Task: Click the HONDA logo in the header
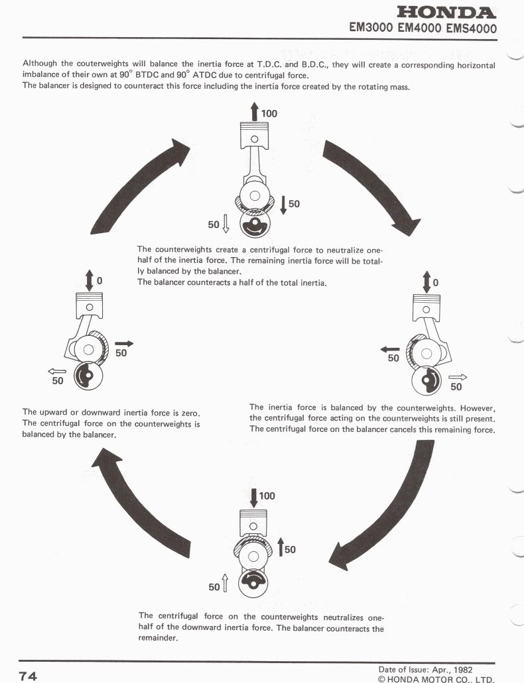pos(446,13)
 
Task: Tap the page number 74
pos(28,676)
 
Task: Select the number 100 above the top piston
pos(269,113)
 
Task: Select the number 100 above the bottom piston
pos(267,496)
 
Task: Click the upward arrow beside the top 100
pos(254,112)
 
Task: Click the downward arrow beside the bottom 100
pos(254,498)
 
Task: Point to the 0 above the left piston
pos(99,281)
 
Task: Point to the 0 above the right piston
pos(435,283)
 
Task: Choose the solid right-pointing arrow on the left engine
pos(123,344)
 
